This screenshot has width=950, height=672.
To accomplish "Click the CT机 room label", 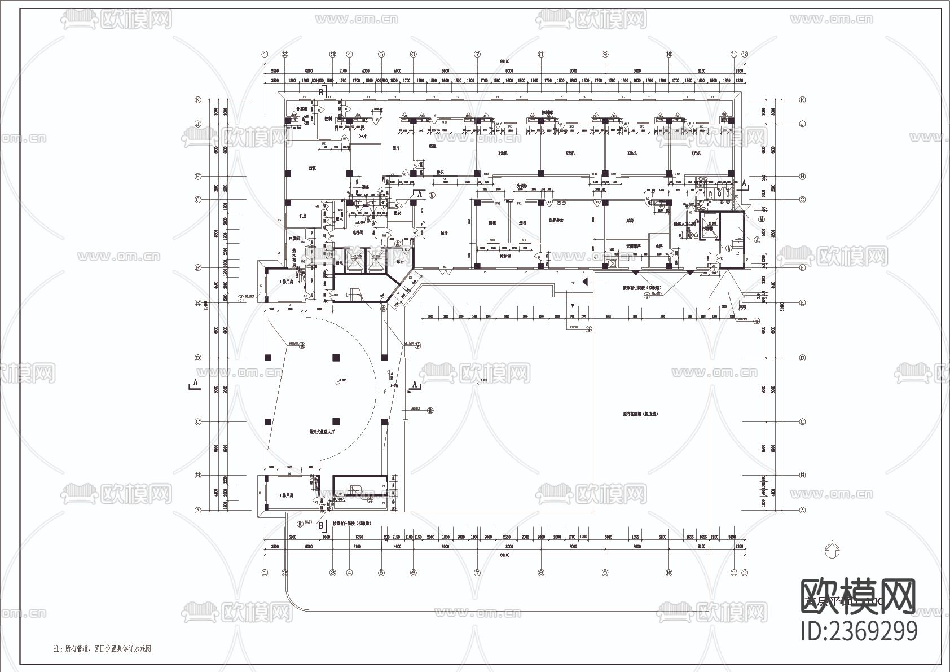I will click(x=312, y=168).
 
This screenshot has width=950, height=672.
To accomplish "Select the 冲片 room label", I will click(x=363, y=136).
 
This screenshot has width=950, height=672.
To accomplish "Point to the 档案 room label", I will click(x=433, y=146).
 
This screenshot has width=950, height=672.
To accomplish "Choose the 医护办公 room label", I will click(x=556, y=220).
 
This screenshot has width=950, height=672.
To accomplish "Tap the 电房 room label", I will click(x=659, y=247).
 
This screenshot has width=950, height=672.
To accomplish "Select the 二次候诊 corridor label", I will click(x=519, y=186).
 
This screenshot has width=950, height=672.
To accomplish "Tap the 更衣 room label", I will click(x=396, y=213).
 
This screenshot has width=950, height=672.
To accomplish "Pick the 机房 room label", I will click(x=302, y=216).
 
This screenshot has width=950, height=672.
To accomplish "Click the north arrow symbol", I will click(x=831, y=551).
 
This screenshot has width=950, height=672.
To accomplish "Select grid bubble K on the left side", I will click(x=198, y=100).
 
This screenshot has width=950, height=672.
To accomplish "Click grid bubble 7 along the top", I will click(x=477, y=54).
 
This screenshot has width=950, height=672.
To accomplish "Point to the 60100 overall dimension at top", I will click(x=504, y=61).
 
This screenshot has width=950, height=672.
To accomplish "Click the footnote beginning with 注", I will click(x=102, y=649).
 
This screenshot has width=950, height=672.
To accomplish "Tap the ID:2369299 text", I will click(x=859, y=631).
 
